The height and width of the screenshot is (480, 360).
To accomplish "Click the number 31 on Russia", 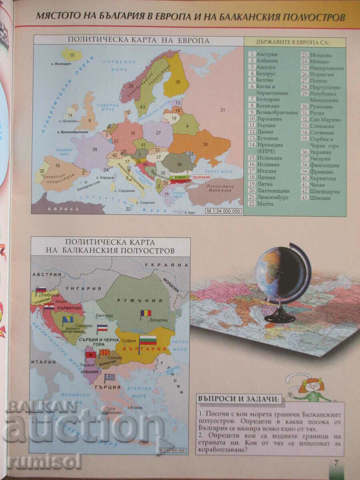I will click(223, 110).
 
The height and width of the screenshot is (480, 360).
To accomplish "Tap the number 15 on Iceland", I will click(72, 55).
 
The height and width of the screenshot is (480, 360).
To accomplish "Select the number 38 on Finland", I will click(177, 82).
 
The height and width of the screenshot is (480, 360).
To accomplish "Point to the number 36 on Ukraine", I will click(206, 144).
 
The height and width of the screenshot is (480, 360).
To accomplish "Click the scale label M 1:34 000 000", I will click(224, 211).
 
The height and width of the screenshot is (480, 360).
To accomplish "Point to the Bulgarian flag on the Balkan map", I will click(147, 341).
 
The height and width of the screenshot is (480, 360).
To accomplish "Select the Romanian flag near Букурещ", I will click(146, 314).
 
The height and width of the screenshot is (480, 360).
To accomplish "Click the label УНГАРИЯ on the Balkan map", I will click(88, 288).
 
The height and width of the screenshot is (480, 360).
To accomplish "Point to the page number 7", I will click(336, 463).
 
